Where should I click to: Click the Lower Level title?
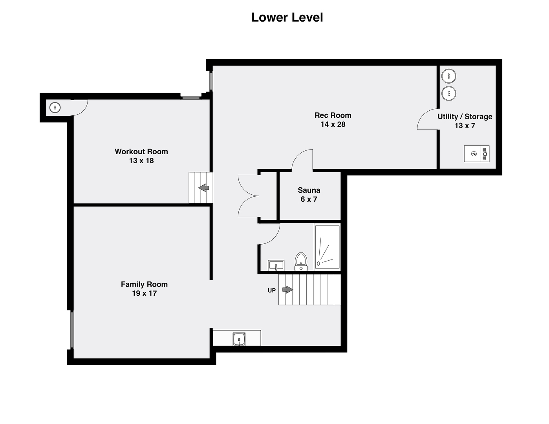point(287,17)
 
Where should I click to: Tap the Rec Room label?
point(333,115)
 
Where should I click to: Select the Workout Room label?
point(141,152)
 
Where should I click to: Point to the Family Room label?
point(144,284)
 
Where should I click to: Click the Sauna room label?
point(309,190)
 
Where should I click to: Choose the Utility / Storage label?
point(465,117)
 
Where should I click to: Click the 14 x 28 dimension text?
point(333,124)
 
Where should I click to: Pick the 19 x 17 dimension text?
point(144,293)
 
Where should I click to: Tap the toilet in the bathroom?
point(301,261)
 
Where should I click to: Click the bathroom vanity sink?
point(276,265)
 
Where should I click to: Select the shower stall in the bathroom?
point(327,247)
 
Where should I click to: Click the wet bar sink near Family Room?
point(239,339)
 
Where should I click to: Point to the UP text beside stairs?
point(272,291)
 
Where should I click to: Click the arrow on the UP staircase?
point(287,290)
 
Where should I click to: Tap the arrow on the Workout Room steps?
point(204,188)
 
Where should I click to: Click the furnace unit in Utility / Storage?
point(476,154)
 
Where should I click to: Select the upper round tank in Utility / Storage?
point(448,76)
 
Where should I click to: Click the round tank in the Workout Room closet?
point(55,107)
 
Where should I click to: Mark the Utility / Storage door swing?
point(427,119)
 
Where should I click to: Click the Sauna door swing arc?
point(302,160)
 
